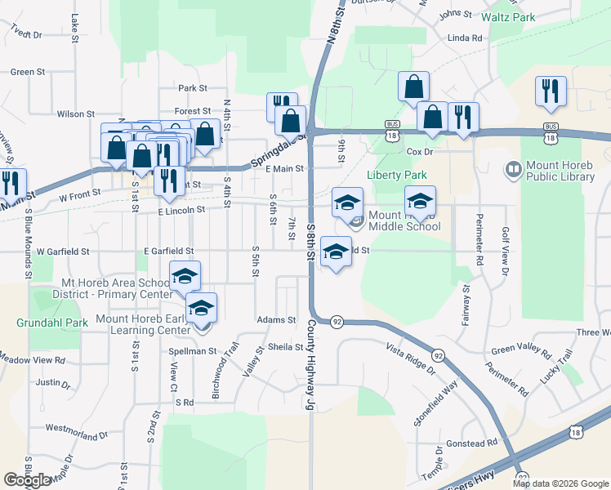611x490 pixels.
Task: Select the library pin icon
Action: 514,170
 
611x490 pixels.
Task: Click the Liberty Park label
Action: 397,175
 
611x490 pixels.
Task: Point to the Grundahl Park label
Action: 52,323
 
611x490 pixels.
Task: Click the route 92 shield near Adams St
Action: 337,322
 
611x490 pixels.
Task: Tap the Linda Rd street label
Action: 465,38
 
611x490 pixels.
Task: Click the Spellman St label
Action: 193,351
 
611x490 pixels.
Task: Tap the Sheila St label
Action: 286,346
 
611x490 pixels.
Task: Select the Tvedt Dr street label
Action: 26,34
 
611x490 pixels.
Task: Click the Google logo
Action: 28,480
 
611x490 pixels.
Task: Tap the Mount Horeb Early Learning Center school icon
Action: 201,308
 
